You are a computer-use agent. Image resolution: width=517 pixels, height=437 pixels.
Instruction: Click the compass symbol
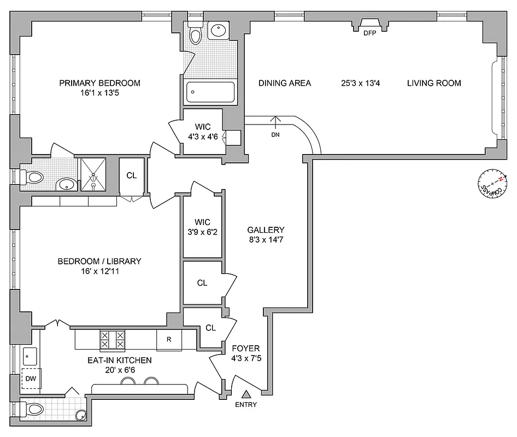[492, 184]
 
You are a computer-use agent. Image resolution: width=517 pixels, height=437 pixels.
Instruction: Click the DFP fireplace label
[370, 33]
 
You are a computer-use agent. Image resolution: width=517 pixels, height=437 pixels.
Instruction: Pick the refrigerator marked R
[169, 340]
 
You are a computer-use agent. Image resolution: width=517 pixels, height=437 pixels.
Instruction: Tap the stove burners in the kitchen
[112, 340]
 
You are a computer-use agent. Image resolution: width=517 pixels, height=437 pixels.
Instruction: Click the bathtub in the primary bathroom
[211, 92]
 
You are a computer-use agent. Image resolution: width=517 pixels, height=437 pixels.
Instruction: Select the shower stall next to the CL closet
[94, 174]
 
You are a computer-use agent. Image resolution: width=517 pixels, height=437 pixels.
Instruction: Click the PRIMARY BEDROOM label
[99, 83]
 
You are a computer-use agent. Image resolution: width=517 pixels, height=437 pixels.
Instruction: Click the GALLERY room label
[266, 230]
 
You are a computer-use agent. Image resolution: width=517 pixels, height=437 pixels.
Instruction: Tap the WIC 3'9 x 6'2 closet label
[202, 227]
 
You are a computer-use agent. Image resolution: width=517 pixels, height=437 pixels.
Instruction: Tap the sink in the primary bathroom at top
[220, 31]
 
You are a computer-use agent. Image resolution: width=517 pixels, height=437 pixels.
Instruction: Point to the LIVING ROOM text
[434, 83]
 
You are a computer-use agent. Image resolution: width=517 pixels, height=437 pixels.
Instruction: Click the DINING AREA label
[285, 83]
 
